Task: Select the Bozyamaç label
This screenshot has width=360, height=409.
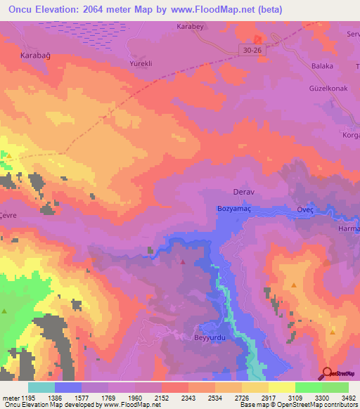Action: tap(238, 210)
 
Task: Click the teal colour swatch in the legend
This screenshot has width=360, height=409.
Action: tap(41, 387)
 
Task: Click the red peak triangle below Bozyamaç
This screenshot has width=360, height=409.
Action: tap(184, 261)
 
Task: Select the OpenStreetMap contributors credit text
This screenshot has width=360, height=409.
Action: tap(319, 405)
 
